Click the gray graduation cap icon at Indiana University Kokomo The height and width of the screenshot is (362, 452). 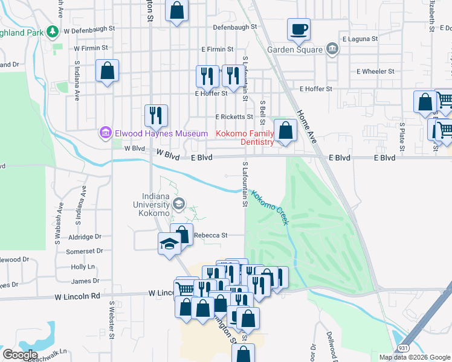178,205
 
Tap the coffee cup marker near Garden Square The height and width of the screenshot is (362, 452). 300,28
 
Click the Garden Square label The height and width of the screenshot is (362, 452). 294,50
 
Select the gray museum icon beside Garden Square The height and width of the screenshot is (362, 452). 332,49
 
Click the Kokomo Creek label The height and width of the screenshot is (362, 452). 270,208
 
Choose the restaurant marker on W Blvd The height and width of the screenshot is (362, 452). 156,115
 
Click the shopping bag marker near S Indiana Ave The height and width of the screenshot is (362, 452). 107,71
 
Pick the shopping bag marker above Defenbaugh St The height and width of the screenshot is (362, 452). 176,10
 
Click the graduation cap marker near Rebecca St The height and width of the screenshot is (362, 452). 170,243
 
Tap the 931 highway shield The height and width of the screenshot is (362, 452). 403,348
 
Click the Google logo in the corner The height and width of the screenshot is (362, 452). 20,355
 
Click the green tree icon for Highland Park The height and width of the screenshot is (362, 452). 54,30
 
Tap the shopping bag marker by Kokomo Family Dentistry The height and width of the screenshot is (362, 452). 285,130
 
